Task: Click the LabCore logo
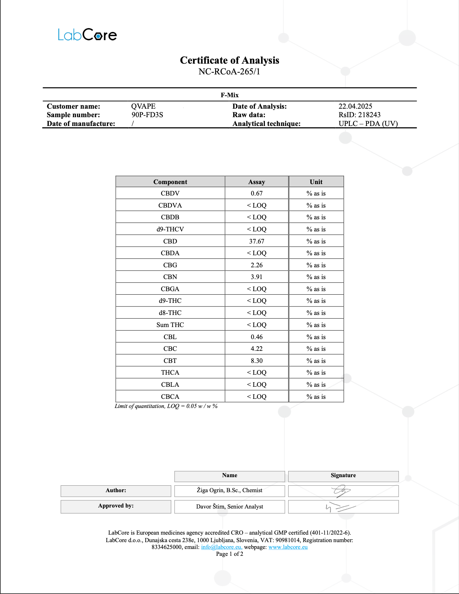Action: pos(87,35)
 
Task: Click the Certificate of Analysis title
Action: pos(229,60)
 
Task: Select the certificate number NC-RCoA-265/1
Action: pos(229,71)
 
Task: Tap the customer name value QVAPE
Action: pos(143,106)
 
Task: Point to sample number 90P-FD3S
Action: pos(147,115)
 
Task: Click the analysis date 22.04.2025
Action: pos(355,106)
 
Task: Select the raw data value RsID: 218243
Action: pos(360,115)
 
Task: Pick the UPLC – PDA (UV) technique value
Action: pos(368,124)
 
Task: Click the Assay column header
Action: pos(257,182)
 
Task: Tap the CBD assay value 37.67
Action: pos(257,241)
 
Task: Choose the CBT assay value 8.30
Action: pos(257,361)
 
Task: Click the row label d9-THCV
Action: pos(170,229)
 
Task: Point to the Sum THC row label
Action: pos(170,325)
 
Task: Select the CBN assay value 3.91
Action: pos(257,277)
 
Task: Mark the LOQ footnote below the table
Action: pos(166,406)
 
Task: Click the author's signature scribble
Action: pos(341,491)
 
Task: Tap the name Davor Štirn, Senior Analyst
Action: pos(229,507)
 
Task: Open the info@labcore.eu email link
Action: pos(221,547)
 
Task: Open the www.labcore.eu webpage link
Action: pos(288,547)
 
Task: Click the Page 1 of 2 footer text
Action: pos(229,554)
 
